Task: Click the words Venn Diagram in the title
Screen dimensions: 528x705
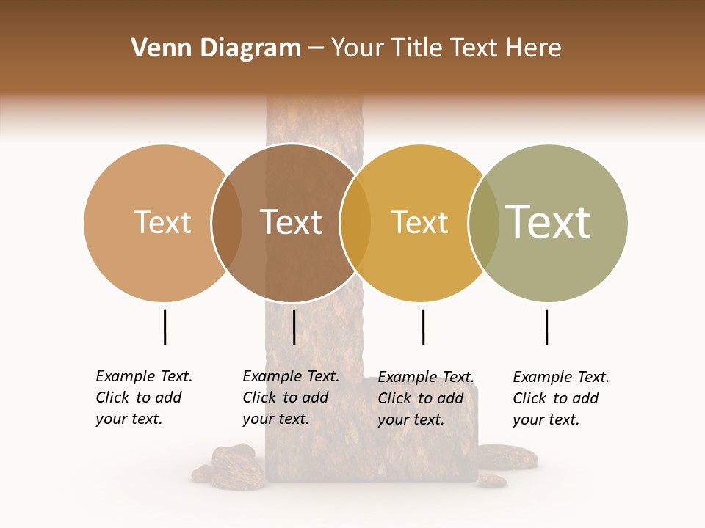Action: [x=216, y=48]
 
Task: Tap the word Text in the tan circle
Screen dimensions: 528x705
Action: [x=162, y=223]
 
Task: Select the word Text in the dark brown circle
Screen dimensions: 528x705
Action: [x=292, y=223]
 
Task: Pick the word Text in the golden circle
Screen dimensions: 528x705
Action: [x=419, y=223]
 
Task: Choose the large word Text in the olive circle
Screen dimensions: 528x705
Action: [x=549, y=221]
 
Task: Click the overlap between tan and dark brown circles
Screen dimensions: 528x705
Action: [x=227, y=223]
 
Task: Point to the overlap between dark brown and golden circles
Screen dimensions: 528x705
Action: [x=355, y=223]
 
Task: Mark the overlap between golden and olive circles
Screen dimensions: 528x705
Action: [x=484, y=223]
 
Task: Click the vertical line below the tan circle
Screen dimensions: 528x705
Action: [x=164, y=327]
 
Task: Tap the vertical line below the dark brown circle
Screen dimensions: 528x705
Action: [x=294, y=327]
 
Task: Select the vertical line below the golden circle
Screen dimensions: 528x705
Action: [x=423, y=327]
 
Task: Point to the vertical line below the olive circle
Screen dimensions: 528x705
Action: [x=546, y=327]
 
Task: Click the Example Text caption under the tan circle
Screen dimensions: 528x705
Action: [x=143, y=397]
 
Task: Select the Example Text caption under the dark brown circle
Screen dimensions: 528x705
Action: [x=290, y=397]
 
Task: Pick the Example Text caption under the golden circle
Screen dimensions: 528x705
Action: [x=425, y=398]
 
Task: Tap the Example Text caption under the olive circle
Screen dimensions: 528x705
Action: [x=560, y=398]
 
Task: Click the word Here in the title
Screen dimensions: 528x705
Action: [x=534, y=48]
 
